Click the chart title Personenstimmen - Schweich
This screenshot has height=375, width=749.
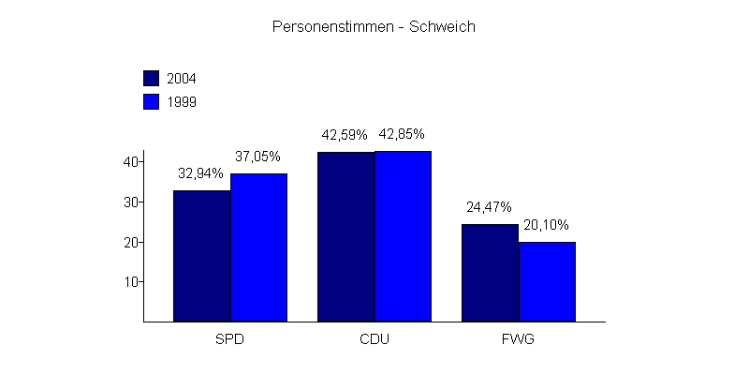tap(374, 27)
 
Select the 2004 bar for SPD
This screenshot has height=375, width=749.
tap(202, 256)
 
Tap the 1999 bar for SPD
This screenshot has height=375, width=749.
tap(259, 247)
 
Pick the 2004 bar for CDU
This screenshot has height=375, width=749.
tap(346, 236)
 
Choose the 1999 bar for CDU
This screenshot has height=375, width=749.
tap(404, 236)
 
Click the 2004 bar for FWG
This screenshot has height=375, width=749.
tap(490, 273)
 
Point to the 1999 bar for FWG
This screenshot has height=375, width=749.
tap(548, 281)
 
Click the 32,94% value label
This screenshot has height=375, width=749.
tap(201, 173)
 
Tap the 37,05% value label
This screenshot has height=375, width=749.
tap(258, 157)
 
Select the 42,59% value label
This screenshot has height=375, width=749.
tap(345, 135)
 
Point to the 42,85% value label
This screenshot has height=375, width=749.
tap(404, 134)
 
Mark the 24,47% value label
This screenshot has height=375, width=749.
tap(489, 207)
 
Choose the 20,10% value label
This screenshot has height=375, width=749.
tap(547, 225)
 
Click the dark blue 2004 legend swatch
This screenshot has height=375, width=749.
tap(152, 78)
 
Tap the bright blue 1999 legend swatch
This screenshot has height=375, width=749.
tap(152, 101)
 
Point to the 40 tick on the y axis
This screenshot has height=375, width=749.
tap(131, 162)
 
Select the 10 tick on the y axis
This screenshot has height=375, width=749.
tap(131, 282)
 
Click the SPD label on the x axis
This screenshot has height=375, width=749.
tap(230, 338)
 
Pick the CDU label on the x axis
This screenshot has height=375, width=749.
tap(374, 338)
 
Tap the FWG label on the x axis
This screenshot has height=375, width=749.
tap(518, 338)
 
